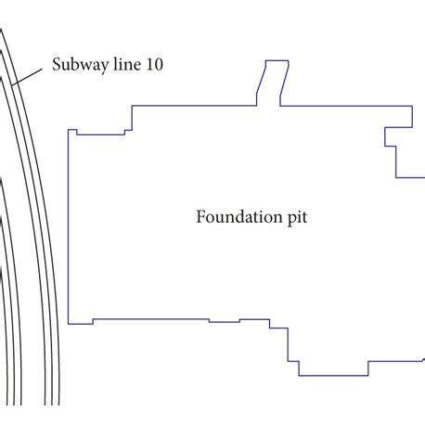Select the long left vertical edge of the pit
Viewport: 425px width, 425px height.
tap(69, 227)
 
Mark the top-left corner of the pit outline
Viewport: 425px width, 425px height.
tap(69, 130)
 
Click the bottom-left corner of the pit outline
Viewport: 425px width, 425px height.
tap(69, 324)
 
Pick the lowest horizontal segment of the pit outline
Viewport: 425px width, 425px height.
tap(333, 375)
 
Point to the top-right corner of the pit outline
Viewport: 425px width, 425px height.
tap(412, 106)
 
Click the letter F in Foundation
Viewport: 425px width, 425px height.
tap(200, 219)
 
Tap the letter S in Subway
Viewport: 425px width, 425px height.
tap(58, 67)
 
